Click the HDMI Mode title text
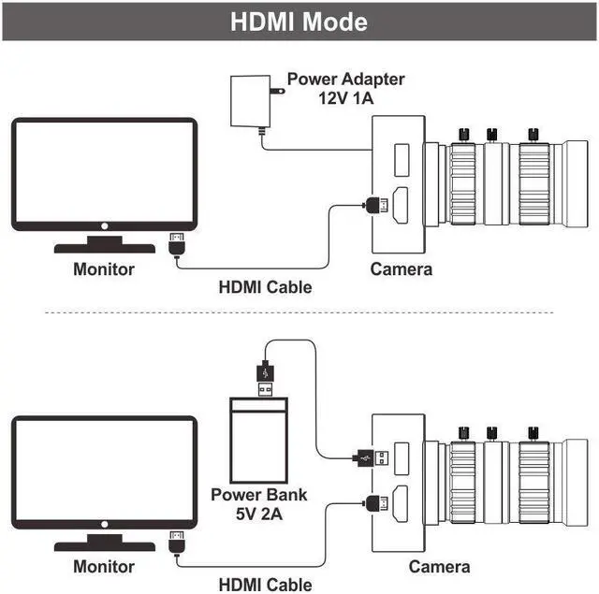tap(299, 21)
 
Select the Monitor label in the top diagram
tap(104, 269)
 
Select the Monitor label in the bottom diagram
tap(104, 566)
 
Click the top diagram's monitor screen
tap(104, 173)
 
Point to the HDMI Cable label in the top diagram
tap(265, 287)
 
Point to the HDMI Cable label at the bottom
tap(265, 585)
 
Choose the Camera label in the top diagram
tap(402, 269)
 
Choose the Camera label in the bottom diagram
tap(440, 566)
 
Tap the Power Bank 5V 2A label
tap(259, 503)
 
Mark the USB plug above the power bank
tap(265, 375)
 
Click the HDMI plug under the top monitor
tap(175, 245)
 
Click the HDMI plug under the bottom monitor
tap(175, 543)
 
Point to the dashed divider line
tap(299, 312)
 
